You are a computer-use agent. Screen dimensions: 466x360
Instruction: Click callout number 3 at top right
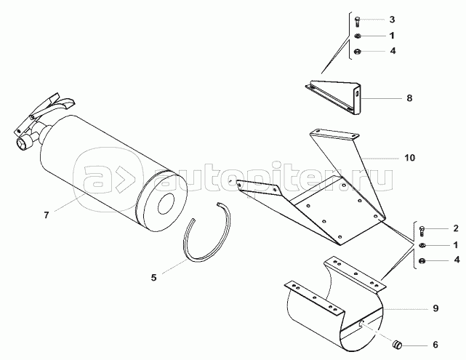click(x=392, y=20)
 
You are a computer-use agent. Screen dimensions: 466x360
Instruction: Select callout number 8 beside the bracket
click(x=409, y=98)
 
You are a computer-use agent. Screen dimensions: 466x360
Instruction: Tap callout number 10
click(x=409, y=158)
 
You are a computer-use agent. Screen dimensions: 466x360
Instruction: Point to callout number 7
click(x=46, y=215)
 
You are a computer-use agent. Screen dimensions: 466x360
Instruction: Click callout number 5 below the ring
click(x=153, y=278)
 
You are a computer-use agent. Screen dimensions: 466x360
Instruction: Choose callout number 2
click(x=456, y=228)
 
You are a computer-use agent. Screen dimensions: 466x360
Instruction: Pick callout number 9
click(x=435, y=308)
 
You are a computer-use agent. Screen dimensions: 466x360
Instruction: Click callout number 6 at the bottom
click(x=435, y=345)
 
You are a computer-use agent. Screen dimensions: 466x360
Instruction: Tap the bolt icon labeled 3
click(x=358, y=21)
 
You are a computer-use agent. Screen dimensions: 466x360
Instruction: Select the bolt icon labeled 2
click(x=422, y=231)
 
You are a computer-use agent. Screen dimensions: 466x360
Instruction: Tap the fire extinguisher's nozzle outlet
click(x=23, y=144)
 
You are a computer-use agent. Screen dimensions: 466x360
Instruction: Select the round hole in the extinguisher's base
click(x=166, y=204)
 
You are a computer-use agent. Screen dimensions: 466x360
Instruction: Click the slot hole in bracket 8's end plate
click(x=356, y=94)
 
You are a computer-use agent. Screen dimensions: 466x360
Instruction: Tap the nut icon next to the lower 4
click(x=422, y=261)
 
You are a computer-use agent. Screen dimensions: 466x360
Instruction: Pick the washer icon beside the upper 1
click(x=358, y=36)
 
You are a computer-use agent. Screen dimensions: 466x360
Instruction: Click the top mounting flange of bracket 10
click(x=334, y=135)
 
